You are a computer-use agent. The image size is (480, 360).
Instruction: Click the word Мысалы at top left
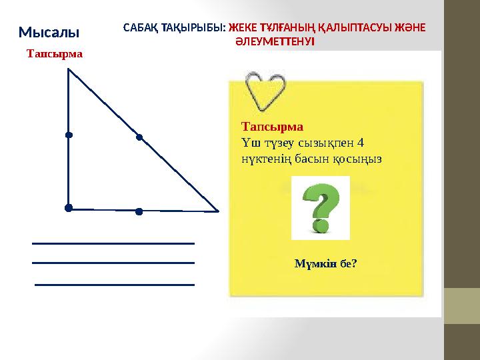tap(49, 32)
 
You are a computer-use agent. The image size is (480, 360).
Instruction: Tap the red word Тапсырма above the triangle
tap(55, 53)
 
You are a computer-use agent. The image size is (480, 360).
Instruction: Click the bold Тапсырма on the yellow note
tap(272, 126)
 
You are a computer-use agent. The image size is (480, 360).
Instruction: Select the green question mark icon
tap(321, 207)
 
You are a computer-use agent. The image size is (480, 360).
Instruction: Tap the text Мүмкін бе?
tap(325, 264)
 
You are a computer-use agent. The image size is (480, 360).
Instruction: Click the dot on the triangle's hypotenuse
tap(139, 138)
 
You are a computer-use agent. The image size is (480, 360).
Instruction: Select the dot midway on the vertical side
tap(69, 135)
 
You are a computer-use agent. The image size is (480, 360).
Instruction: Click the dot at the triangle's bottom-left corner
tap(69, 208)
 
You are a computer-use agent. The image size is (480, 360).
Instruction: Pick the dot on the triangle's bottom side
tap(139, 211)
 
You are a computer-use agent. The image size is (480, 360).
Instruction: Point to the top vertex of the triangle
tap(69, 71)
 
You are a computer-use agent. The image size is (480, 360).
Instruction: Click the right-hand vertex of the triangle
tap(217, 211)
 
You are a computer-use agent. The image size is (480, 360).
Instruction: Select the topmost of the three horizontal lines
tap(113, 243)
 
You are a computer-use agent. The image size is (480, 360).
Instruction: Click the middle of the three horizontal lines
tap(113, 263)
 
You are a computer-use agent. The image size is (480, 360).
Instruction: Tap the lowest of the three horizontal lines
tap(115, 285)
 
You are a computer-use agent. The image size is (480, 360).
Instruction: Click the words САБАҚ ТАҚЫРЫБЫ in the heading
tap(175, 29)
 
